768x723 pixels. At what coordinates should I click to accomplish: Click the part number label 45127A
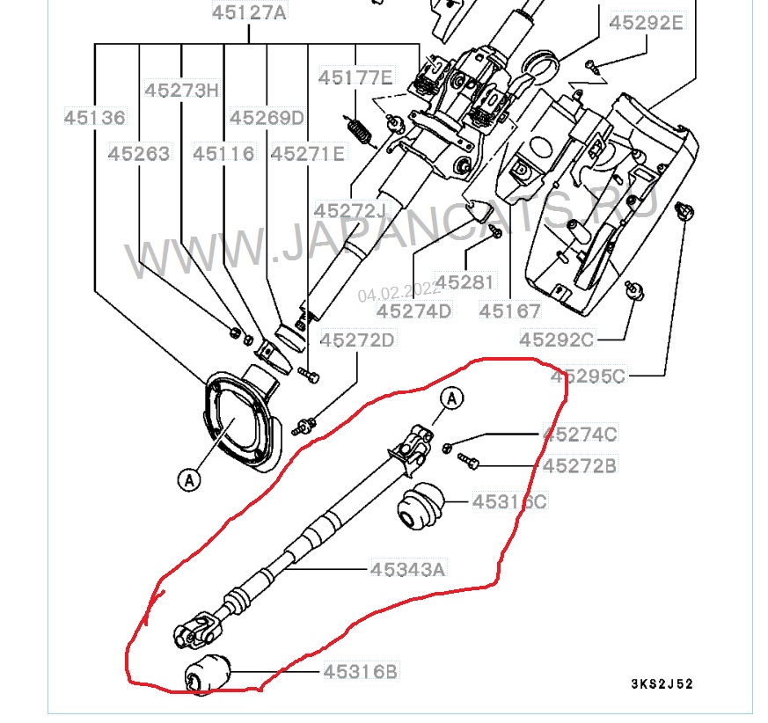click(x=249, y=13)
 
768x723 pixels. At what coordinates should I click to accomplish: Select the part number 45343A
click(x=406, y=569)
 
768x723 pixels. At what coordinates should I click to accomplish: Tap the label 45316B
click(x=360, y=672)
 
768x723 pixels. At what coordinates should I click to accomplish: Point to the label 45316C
click(x=509, y=501)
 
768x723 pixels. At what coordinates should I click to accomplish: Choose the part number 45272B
click(x=580, y=465)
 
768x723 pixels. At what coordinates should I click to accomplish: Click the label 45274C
click(x=580, y=434)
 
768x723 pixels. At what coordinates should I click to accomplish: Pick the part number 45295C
click(x=588, y=376)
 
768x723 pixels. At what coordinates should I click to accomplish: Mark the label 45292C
click(x=557, y=340)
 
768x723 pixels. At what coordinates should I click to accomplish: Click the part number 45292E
click(x=646, y=23)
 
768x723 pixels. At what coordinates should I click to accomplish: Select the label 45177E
click(x=356, y=77)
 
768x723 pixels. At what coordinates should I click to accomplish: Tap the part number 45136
click(x=94, y=117)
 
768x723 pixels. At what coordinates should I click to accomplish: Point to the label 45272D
click(x=357, y=340)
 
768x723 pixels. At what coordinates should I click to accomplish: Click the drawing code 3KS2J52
click(x=661, y=684)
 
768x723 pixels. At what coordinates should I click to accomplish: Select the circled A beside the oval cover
click(x=187, y=479)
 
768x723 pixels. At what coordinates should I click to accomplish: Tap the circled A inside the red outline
click(x=451, y=398)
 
